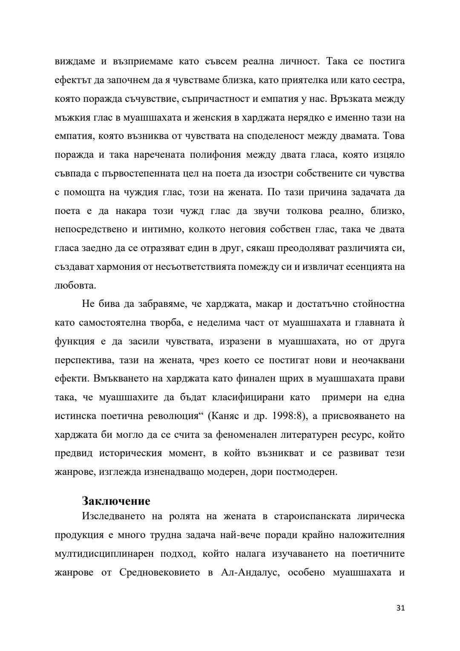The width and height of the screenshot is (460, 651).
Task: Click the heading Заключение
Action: (116, 501)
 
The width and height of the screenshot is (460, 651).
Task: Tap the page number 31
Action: (400, 608)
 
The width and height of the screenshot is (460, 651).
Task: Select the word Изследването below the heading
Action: (114, 516)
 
